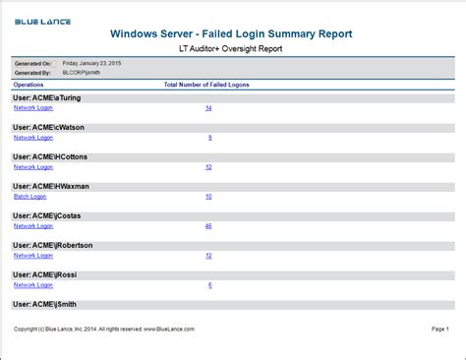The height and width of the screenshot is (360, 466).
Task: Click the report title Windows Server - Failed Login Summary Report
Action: (232, 35)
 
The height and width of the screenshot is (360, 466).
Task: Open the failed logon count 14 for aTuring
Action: (208, 108)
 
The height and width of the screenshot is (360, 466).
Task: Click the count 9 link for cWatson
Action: (209, 138)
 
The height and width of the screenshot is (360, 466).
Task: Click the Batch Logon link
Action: (29, 196)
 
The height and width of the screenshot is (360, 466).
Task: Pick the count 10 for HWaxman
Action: (208, 197)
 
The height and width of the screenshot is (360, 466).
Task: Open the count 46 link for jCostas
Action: (208, 225)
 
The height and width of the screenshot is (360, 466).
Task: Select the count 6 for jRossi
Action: (209, 284)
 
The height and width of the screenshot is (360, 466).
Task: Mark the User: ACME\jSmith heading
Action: (44, 304)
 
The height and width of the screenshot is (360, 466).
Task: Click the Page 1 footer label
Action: (439, 329)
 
